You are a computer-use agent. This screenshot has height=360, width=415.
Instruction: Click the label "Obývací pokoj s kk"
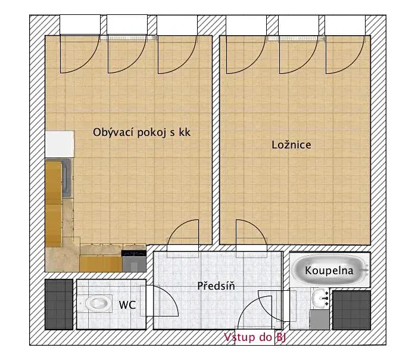click(142, 132)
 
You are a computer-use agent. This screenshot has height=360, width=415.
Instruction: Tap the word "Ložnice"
click(291, 145)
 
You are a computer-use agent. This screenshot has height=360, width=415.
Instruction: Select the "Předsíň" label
click(216, 286)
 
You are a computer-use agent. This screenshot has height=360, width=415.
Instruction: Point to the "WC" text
click(127, 305)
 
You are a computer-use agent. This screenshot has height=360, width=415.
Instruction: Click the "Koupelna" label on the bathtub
click(329, 271)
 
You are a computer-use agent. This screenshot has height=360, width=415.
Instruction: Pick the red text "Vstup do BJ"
click(255, 337)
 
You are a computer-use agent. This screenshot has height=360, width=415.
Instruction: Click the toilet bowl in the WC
click(97, 303)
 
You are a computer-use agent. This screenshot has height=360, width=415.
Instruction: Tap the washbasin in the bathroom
click(320, 299)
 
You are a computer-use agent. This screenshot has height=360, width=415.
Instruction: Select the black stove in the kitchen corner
click(134, 253)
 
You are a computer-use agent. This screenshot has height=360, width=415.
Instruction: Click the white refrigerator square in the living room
click(60, 144)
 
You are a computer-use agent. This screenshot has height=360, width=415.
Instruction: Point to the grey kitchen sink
click(67, 178)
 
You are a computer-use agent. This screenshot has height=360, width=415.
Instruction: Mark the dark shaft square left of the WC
click(59, 305)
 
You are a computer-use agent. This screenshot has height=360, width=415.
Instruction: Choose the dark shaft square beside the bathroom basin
click(351, 310)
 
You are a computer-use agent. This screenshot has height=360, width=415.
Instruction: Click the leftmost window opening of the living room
click(80, 25)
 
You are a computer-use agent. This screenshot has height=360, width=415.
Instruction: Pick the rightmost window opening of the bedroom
click(345, 25)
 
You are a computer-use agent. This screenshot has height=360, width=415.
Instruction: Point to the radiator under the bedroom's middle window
click(297, 38)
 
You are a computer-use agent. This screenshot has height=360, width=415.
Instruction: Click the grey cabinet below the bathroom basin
click(320, 319)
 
